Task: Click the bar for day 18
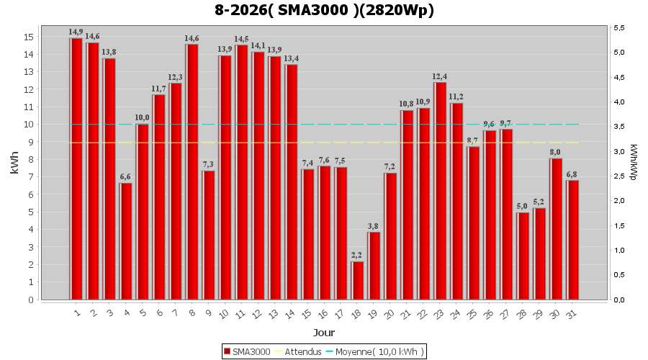pos(357,280)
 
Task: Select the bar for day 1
pos(76,169)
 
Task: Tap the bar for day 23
pos(440,191)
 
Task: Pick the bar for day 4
pos(125,241)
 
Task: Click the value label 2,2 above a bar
pos(356,255)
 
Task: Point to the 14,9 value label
pos(76,32)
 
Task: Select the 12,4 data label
pos(440,76)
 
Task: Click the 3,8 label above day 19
pos(373,226)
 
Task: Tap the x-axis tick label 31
pos(572,315)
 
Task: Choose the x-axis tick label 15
pos(307,315)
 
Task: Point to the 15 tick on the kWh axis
pos(29,37)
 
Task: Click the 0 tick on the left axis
pos(31,300)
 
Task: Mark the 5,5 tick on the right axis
pos(619,27)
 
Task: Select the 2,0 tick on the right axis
pos(619,201)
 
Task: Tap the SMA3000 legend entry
pos(247,352)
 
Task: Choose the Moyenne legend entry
pos(375,352)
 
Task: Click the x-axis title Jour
pos(324,333)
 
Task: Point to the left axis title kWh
pos(14,163)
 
